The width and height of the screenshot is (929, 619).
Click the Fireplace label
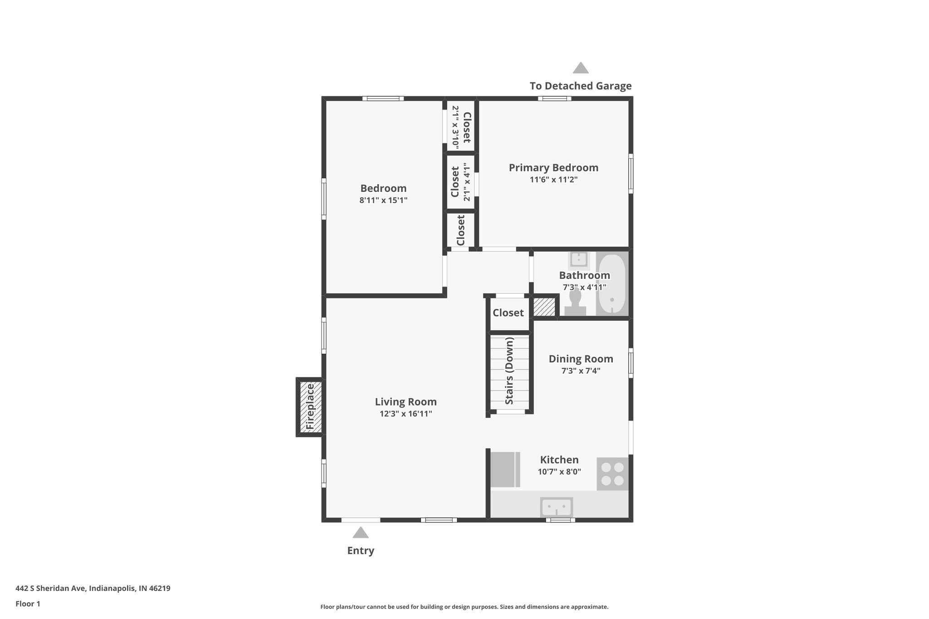click(310, 407)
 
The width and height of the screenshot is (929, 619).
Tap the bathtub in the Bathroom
click(612, 283)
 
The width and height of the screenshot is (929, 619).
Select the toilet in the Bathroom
click(575, 303)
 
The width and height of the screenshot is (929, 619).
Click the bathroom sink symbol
click(579, 260)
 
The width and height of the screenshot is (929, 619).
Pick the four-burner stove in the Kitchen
click(612, 474)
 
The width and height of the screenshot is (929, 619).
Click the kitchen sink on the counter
click(557, 507)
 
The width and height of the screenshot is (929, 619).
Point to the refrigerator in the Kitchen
click(505, 469)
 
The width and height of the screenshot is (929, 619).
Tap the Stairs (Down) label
click(509, 371)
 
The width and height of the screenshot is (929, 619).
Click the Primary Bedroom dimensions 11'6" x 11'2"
click(553, 180)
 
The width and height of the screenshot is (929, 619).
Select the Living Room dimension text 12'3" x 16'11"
click(406, 414)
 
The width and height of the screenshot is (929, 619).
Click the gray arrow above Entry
click(361, 532)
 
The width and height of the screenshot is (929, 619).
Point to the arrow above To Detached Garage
click(581, 68)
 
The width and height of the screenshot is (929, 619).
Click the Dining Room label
click(581, 359)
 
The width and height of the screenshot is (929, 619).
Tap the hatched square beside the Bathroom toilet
click(544, 307)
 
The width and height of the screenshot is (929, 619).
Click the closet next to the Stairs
click(508, 313)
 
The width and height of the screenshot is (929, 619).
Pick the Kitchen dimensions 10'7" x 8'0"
click(559, 472)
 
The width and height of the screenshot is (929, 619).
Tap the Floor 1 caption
click(28, 604)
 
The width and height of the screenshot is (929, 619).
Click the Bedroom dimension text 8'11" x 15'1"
click(383, 200)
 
